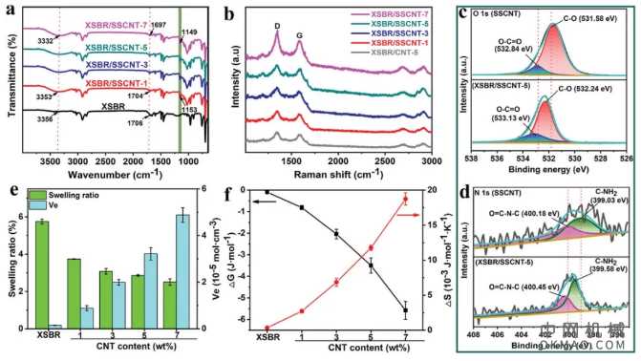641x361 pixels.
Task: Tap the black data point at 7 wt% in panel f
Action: [405, 309]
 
